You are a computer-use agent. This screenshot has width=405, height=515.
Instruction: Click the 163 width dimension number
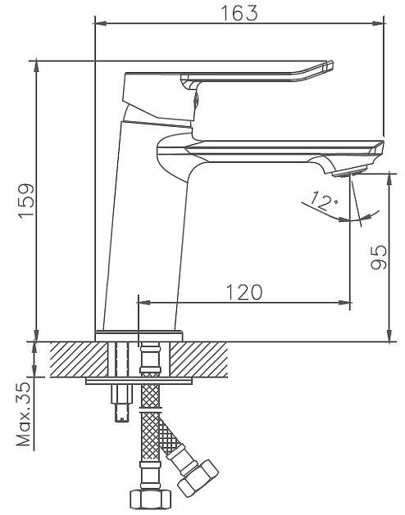pos(239,13)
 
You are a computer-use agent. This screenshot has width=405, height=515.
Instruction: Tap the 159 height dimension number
pos(27,201)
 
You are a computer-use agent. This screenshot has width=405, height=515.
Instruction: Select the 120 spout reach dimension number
pos(244,292)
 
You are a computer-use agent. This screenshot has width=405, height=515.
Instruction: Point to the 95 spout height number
pos(379,257)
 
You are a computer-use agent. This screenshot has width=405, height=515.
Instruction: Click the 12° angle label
pos(324,201)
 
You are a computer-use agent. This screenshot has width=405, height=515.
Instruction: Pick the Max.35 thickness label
pos(24,414)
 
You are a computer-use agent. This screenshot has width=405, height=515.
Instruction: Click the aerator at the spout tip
pos(350,171)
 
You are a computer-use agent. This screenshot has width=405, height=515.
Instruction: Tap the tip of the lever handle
pos(330,66)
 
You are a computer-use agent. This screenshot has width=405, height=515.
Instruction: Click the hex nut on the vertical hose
pos(151,499)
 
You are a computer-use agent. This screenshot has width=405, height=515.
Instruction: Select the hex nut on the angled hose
pos(198,478)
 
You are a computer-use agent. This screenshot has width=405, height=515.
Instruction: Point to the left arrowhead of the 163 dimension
pos(100,23)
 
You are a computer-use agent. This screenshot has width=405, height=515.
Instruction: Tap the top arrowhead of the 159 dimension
pos(36,66)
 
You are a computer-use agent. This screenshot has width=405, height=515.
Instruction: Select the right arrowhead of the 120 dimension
pos(344,303)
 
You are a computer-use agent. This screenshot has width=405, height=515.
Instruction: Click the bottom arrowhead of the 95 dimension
pos(390,336)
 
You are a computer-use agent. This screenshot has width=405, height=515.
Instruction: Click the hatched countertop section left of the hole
pos(79,359)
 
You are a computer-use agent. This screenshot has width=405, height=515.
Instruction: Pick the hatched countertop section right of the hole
pos(198,359)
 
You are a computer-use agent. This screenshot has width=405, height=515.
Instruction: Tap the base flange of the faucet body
pos(139,336)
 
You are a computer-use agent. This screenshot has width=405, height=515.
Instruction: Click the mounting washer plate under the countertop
pos(139,381)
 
